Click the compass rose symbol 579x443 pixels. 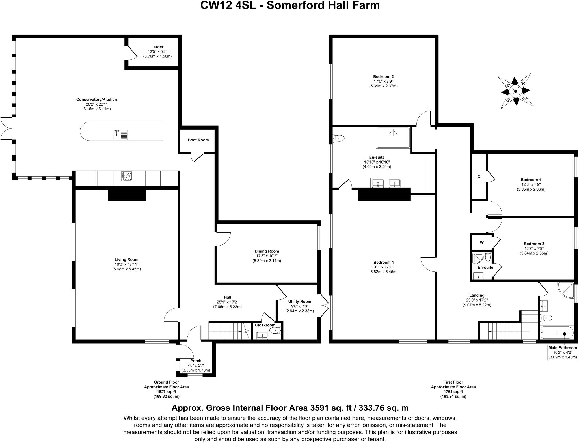tap(515, 91)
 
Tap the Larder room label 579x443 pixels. tap(157, 47)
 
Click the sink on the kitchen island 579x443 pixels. tap(120, 135)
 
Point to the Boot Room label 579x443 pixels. tap(198, 140)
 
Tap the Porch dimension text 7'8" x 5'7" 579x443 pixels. tap(196, 365)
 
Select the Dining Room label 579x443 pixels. tap(267, 251)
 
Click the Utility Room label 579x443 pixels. tap(300, 302)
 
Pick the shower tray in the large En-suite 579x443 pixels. tap(393, 138)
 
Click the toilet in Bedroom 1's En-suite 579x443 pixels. tap(339, 138)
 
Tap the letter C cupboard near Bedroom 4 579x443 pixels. tap(479, 177)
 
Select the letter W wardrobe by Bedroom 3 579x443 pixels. tap(482, 242)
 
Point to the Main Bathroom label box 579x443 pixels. tap(562, 352)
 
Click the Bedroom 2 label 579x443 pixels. tap(383, 76)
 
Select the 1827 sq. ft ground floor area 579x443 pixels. tap(166, 392)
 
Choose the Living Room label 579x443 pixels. tap(126, 259)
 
